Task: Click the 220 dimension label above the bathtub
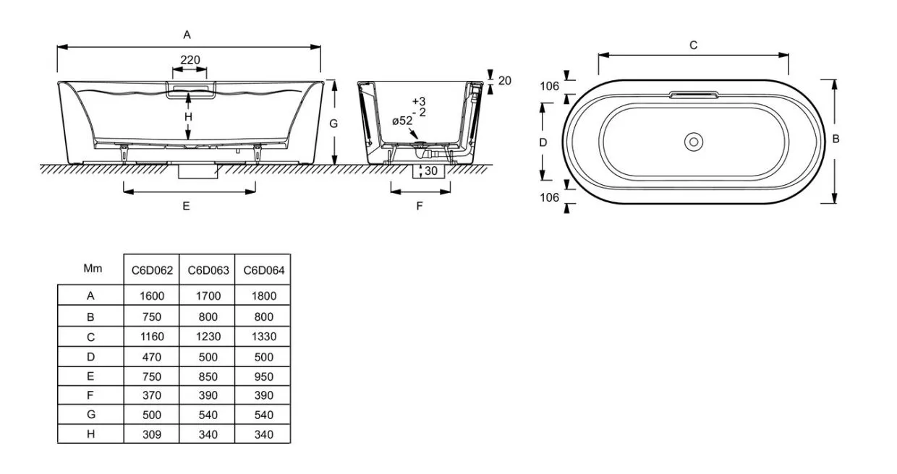(x=190, y=60)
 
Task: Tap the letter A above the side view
(x=187, y=35)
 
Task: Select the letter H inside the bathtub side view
(x=188, y=117)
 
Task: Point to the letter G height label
(x=333, y=124)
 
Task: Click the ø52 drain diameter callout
(x=402, y=121)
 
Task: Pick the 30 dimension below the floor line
(x=431, y=171)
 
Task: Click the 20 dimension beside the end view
(x=505, y=81)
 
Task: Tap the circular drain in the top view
(x=694, y=142)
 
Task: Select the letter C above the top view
(x=694, y=46)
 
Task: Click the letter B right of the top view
(x=836, y=139)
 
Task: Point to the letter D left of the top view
(x=543, y=142)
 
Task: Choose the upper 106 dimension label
(x=550, y=86)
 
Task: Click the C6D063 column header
(x=208, y=270)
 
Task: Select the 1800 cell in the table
(x=264, y=296)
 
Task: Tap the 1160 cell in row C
(x=152, y=337)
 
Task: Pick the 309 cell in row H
(x=152, y=434)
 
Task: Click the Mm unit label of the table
(x=93, y=268)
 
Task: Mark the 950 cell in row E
(x=263, y=376)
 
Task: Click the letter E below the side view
(x=186, y=206)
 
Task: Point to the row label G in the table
(x=91, y=415)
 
